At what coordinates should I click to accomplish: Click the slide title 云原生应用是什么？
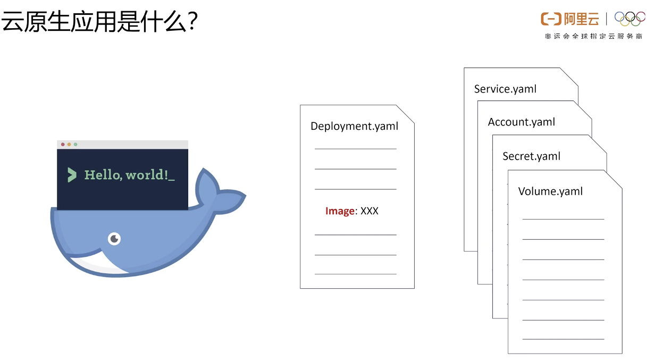(100, 22)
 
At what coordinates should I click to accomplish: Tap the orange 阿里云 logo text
(581, 19)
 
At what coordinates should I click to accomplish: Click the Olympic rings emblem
(630, 19)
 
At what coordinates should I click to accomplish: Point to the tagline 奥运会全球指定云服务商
(593, 36)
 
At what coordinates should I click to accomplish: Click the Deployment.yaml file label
(354, 126)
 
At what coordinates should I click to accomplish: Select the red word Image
(340, 211)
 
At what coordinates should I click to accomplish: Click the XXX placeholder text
(370, 211)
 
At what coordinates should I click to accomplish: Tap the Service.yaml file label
(505, 89)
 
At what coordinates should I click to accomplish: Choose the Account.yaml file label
(521, 122)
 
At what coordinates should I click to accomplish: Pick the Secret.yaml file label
(531, 156)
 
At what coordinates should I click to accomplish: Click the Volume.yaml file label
(550, 191)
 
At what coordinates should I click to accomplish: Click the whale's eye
(114, 239)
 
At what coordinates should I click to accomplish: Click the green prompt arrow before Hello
(72, 174)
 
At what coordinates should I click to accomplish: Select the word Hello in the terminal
(102, 174)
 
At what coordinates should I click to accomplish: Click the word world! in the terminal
(148, 174)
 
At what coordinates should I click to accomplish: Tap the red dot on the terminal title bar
(63, 145)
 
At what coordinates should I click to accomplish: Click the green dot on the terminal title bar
(76, 145)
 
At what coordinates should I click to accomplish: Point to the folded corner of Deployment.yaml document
(405, 114)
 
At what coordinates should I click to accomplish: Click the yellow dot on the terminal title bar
(69, 145)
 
